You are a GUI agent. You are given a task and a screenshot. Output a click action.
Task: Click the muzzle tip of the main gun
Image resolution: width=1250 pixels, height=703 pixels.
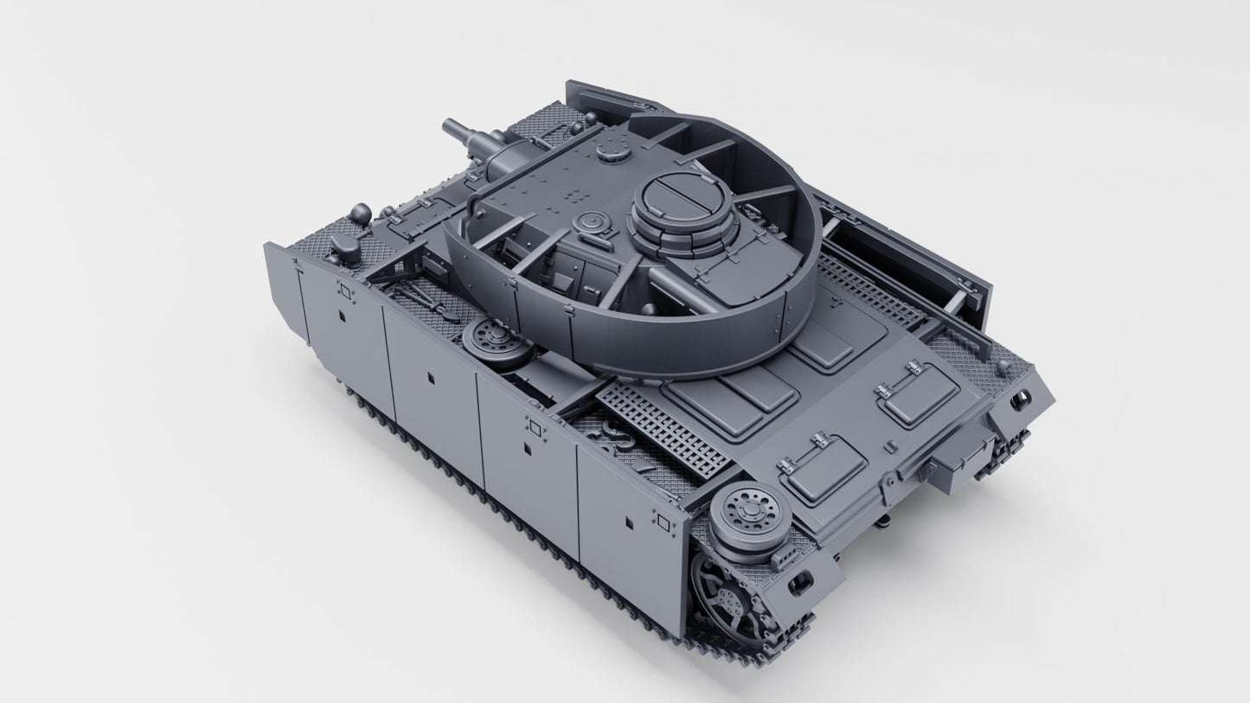click(448, 126)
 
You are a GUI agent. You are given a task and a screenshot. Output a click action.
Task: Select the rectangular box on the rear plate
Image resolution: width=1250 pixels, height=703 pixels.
click(952, 455)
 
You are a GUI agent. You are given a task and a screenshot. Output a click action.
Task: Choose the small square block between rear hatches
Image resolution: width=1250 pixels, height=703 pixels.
click(887, 446)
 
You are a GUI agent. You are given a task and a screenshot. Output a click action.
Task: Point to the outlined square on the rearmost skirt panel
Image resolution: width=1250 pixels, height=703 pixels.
click(663, 521)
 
